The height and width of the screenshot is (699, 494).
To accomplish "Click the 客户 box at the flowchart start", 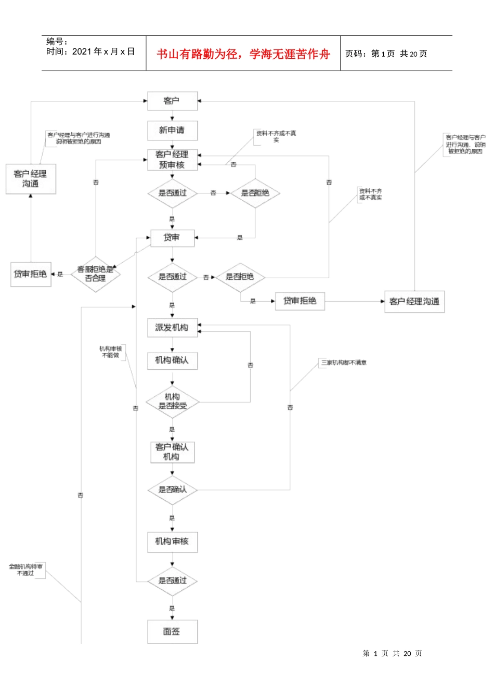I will coord(172,101).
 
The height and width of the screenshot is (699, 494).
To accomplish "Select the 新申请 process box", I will coord(172,130).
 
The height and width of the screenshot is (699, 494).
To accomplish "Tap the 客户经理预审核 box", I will coord(172,160).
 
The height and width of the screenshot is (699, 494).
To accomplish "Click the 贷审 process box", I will coord(172,238).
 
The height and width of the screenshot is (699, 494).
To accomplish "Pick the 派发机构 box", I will coord(172,328).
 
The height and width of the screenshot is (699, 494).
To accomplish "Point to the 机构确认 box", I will coord(172,360).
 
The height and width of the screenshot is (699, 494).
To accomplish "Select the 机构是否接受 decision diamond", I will coord(172,402).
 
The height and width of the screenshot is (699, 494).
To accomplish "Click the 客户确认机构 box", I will coord(172,452).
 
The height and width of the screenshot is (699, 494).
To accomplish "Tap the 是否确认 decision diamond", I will coord(172,490).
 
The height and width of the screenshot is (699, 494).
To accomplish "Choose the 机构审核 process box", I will coord(172,541).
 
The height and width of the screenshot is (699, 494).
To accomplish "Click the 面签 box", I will coord(172,631).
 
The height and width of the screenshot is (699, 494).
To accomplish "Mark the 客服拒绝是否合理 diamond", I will coord(95,274).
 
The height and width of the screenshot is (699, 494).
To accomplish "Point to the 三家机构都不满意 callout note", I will coord(344,363).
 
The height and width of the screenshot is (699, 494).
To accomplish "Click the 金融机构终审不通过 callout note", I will coord(26,569).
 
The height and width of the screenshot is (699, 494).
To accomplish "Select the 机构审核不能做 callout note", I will coord(111,352).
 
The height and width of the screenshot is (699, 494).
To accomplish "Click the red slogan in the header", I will coord(243,54).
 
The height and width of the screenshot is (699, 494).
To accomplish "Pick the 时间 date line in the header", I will coord(90,51).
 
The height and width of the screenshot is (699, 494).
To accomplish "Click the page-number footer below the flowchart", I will coord(393,653).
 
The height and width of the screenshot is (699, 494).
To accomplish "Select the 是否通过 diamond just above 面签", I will coord(172,581).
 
